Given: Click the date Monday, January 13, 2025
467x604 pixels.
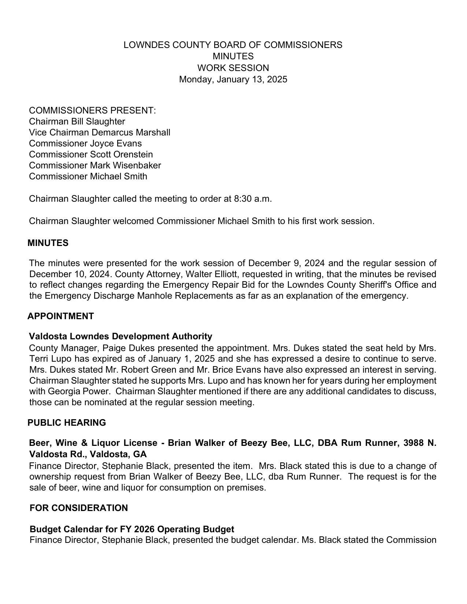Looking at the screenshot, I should coord(233,79).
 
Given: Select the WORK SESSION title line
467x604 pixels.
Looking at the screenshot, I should coord(233,68).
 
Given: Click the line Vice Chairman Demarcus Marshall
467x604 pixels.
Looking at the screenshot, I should coord(99,133).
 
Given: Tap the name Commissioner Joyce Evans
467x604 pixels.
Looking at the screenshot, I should coord(85,143).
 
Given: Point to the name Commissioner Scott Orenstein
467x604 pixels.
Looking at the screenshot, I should coord(90,154).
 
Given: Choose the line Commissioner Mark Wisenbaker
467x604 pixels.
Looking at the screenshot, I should coord(95,165).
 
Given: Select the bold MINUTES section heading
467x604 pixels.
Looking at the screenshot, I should coord(48,243).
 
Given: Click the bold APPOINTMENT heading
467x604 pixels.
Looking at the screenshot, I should coord(61,316).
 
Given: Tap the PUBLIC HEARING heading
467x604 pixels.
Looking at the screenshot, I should coord(67,423).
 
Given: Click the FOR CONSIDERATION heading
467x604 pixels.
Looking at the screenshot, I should coord(79,508).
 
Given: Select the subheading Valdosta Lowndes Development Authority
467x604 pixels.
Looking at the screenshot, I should coord(121,336).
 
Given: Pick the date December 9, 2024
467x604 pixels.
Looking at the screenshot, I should coord(288,263).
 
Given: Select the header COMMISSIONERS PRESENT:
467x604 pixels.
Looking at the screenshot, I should coord(92,111).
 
